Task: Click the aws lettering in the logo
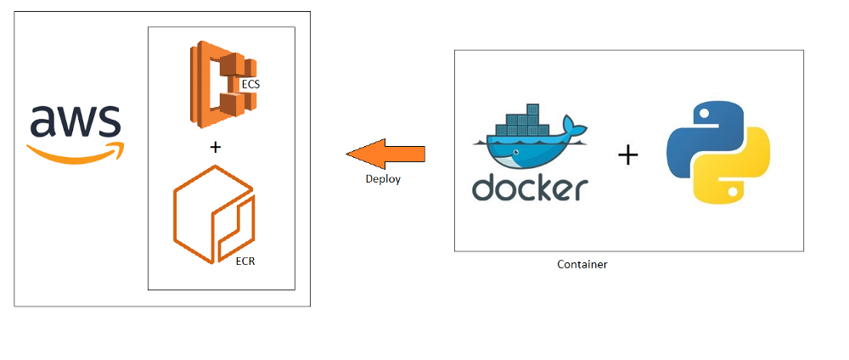point(76,122)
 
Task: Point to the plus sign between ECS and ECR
point(215,147)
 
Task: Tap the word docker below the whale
point(530,188)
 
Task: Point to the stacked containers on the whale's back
point(526,123)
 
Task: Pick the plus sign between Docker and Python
point(627,155)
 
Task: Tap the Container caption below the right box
point(582,264)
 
